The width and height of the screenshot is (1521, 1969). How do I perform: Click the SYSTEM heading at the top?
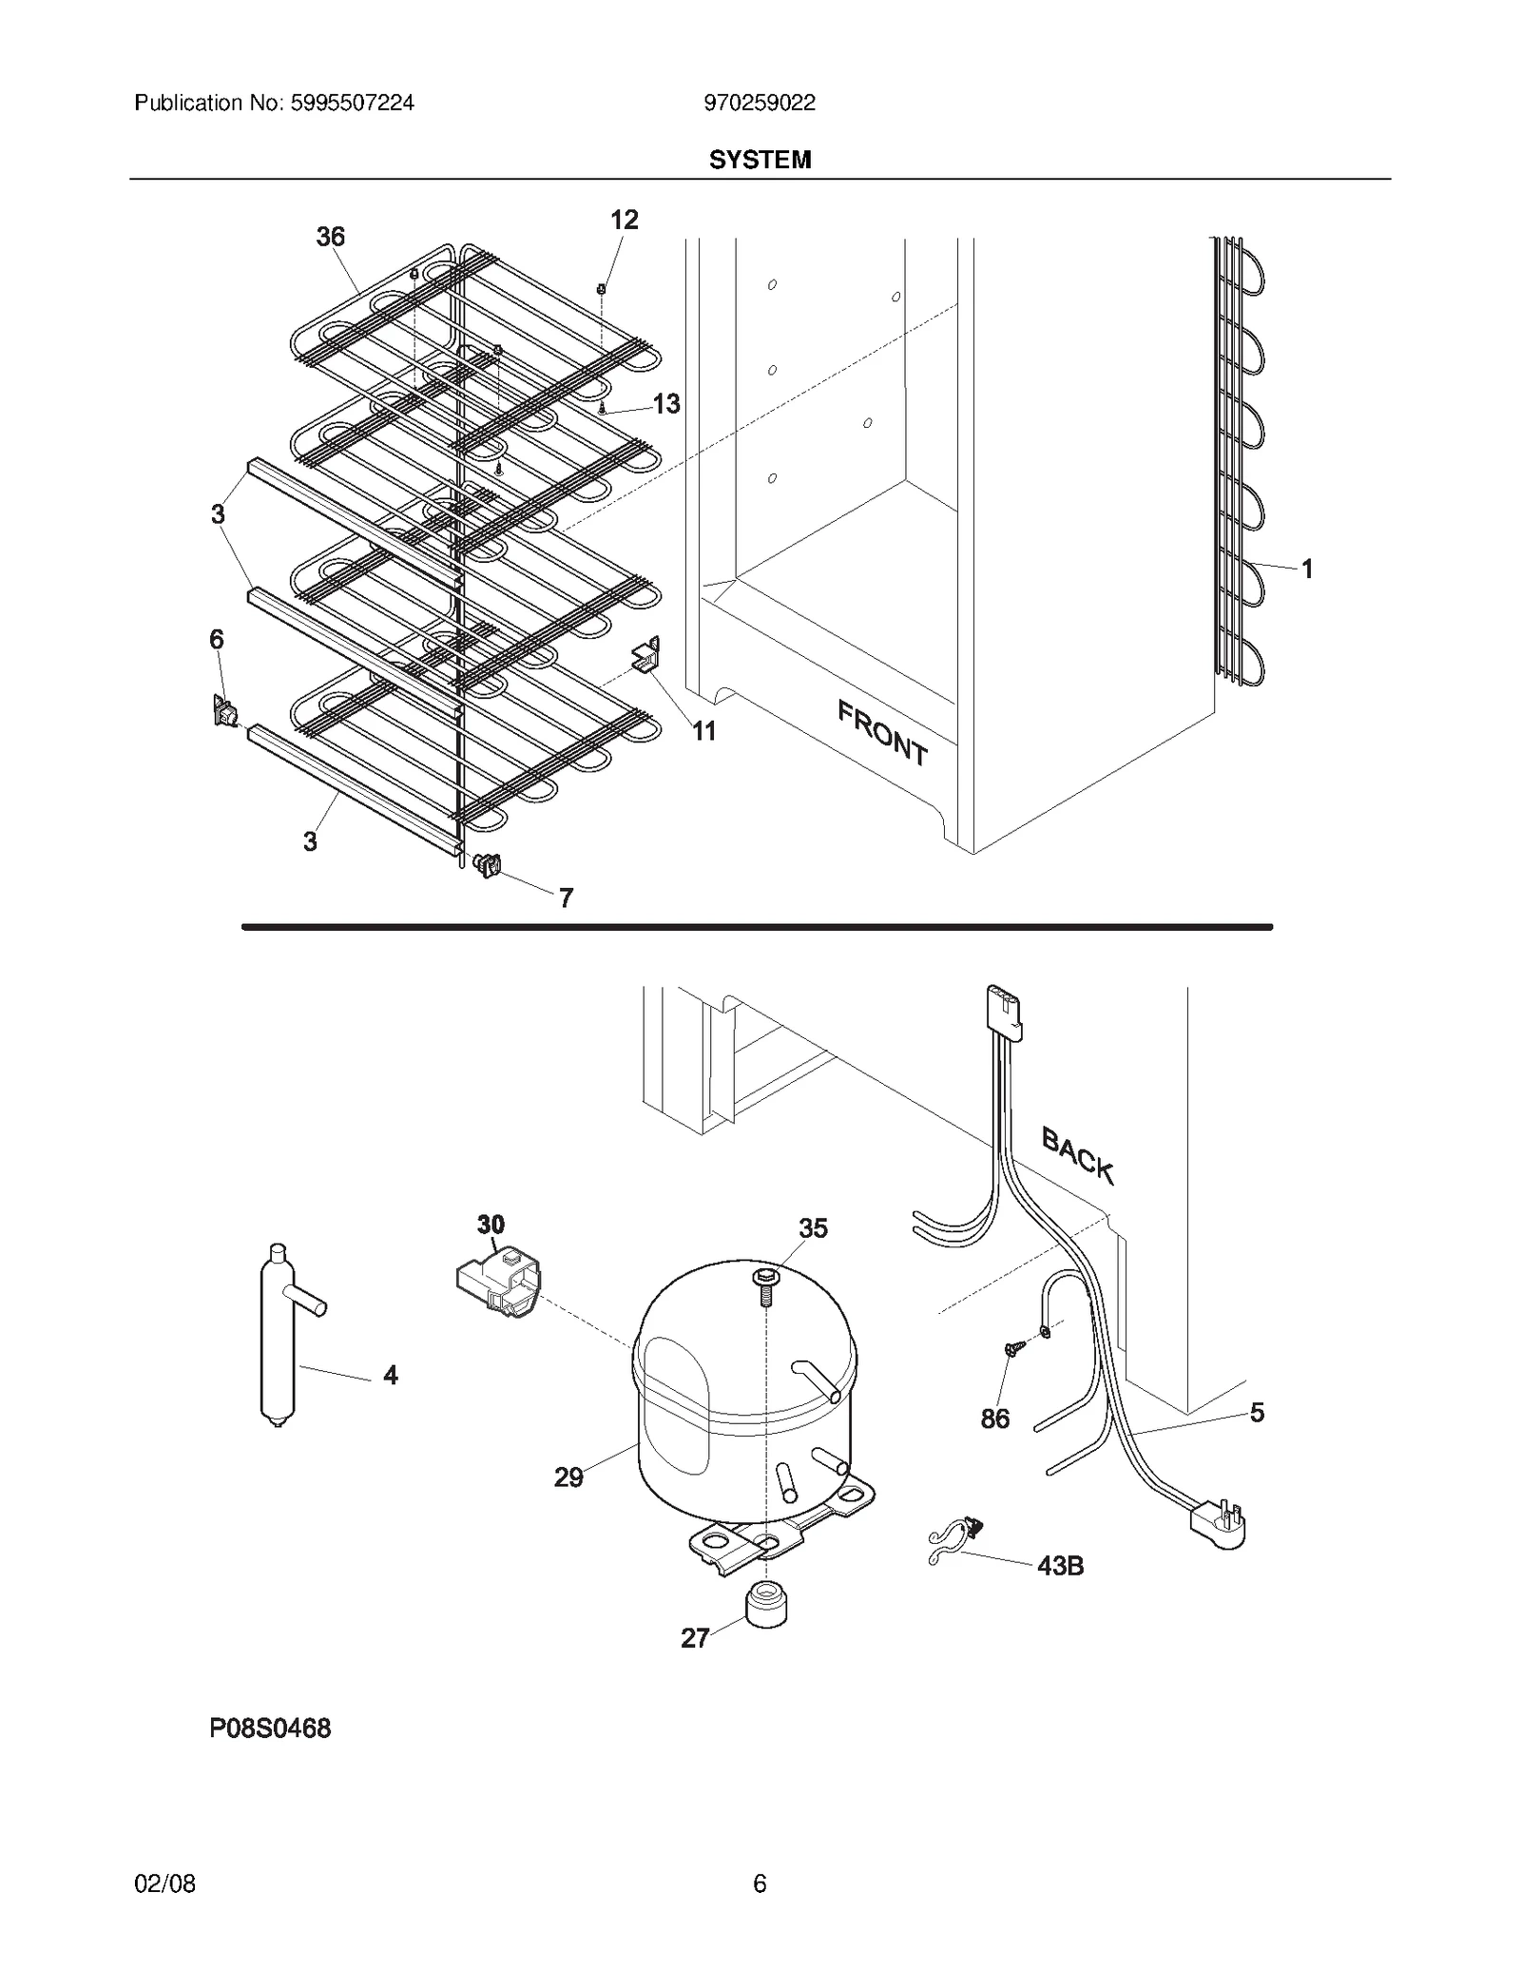point(760,160)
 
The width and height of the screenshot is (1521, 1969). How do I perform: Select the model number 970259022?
point(759,103)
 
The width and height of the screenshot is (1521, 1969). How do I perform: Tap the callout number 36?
point(330,237)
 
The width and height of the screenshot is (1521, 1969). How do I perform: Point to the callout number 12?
point(624,220)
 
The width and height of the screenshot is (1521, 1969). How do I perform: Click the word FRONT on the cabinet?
point(882,732)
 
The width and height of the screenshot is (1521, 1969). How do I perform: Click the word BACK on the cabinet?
point(1077,1154)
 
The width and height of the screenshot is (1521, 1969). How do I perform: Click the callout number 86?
point(994,1419)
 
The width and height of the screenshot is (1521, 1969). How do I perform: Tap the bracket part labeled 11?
point(646,657)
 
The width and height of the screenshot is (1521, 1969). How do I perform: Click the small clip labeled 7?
point(487,864)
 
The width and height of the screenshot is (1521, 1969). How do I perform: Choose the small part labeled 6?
point(224,710)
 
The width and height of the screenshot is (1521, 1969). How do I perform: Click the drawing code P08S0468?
point(270,1728)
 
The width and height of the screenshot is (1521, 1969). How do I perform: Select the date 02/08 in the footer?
point(164,1882)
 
